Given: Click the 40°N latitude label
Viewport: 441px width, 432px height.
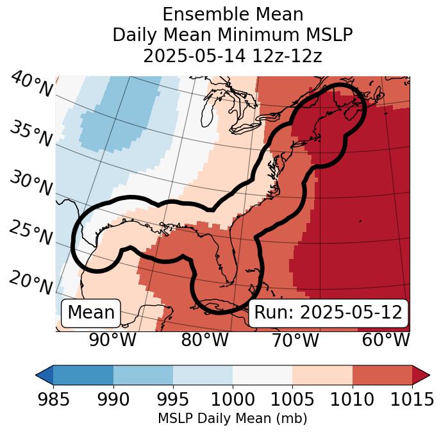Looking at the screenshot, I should pyautogui.click(x=31, y=85).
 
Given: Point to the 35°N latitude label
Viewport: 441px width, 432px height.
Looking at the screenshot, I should pyautogui.click(x=31, y=134).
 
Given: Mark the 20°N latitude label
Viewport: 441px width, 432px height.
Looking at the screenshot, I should pyautogui.click(x=31, y=282).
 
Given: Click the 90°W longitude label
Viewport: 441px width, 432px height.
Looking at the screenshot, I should pyautogui.click(x=112, y=340).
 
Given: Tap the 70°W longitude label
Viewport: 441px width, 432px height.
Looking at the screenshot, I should pyautogui.click(x=295, y=340).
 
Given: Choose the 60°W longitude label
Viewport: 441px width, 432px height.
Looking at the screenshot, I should pyautogui.click(x=385, y=340).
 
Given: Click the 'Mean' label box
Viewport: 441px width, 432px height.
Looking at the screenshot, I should pyautogui.click(x=91, y=313).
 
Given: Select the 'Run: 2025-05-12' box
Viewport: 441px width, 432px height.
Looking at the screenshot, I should pyautogui.click(x=328, y=313).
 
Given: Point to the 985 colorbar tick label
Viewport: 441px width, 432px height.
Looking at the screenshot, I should pyautogui.click(x=53, y=400).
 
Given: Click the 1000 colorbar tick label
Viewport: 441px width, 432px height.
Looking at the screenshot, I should pyautogui.click(x=233, y=400).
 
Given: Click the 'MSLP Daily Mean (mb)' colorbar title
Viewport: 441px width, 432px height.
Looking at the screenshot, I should pyautogui.click(x=232, y=419).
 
